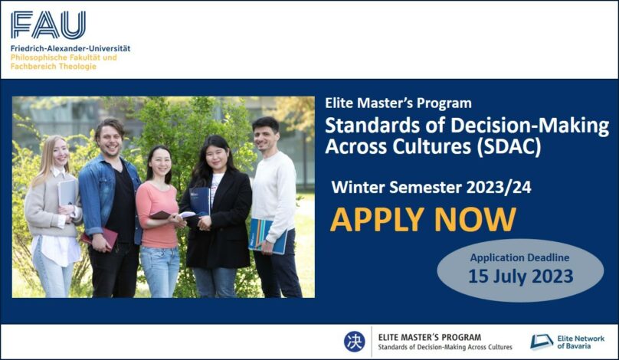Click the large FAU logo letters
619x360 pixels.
(48, 25)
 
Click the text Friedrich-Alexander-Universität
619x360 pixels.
(70, 48)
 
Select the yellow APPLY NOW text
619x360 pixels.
(423, 220)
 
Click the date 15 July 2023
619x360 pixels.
(521, 277)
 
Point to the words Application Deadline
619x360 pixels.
(519, 258)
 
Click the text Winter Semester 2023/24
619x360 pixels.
(431, 187)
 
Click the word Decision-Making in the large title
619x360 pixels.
(530, 126)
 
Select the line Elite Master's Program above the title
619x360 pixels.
(398, 103)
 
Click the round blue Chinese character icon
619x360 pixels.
(354, 342)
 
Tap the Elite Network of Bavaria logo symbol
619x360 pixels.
(542, 342)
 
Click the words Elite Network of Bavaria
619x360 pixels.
(581, 342)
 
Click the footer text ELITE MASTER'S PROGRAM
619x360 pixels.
(430, 338)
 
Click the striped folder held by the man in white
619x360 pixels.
(267, 237)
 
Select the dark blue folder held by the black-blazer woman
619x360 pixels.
(200, 201)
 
